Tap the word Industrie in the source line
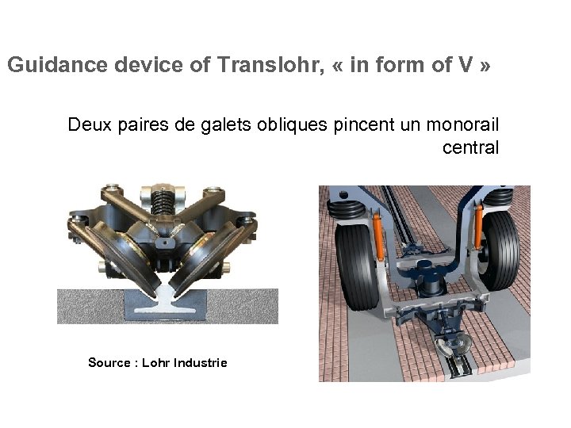pos(201,362)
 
